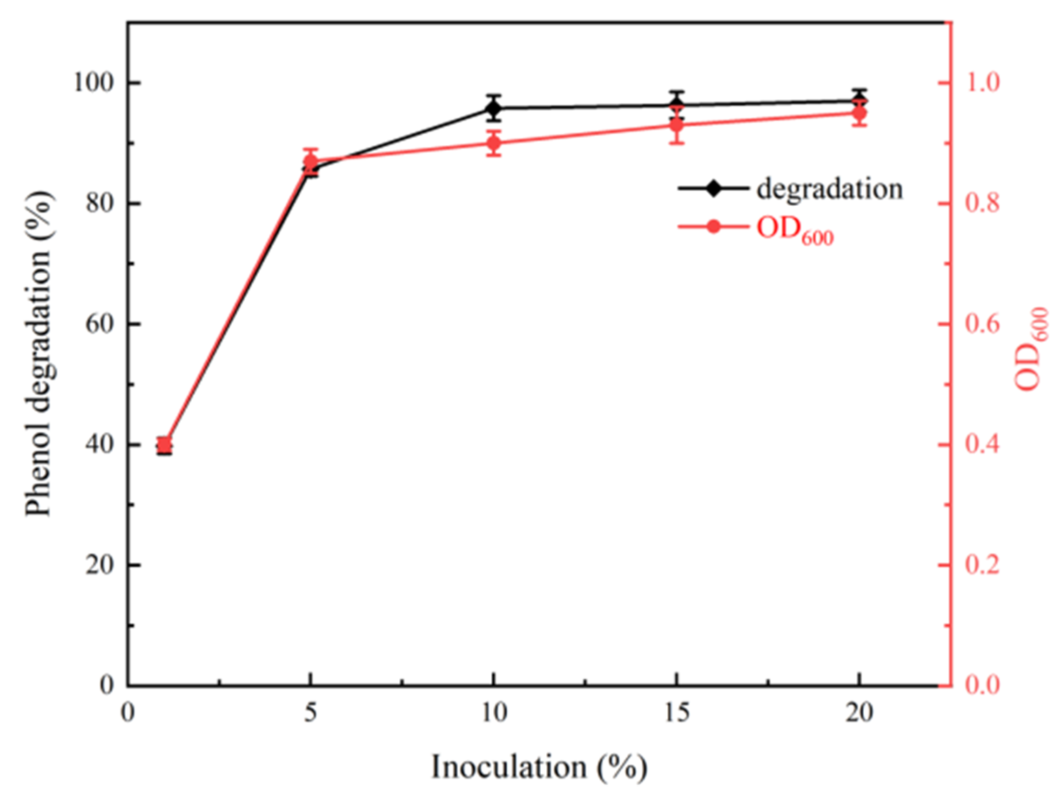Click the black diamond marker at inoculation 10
coord(494,108)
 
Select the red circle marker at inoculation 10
coord(494,143)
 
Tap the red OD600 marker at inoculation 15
coord(676,125)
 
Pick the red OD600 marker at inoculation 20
coord(859,114)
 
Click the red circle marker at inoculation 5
coord(311,161)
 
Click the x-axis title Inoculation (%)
coord(539,767)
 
